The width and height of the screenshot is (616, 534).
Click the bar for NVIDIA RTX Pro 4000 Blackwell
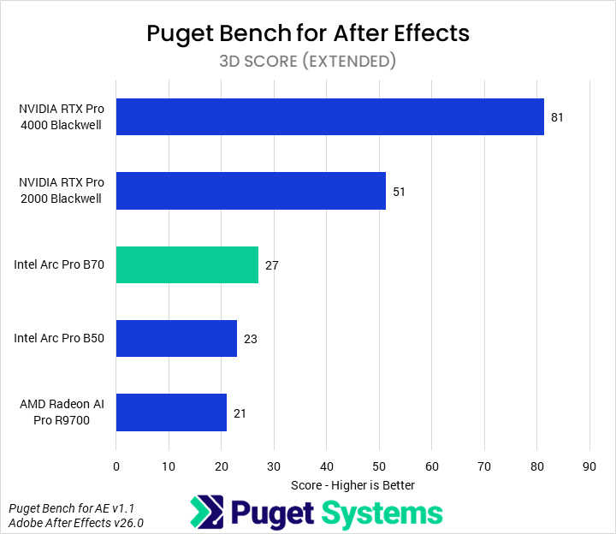pyautogui.click(x=329, y=117)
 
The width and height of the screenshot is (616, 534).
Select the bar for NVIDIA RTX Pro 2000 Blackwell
pyautogui.click(x=251, y=191)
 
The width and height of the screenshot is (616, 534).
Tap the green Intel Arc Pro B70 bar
pyautogui.click(x=187, y=264)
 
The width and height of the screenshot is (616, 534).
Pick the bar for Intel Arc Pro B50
pyautogui.click(x=176, y=338)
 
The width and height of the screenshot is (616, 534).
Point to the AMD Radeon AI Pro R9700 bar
pyautogui.click(x=171, y=412)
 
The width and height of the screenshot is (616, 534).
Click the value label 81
pyautogui.click(x=557, y=117)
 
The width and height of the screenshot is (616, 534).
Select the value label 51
pyautogui.click(x=399, y=191)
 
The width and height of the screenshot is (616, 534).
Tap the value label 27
pyautogui.click(x=272, y=265)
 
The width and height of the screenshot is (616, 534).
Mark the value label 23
pyautogui.click(x=251, y=339)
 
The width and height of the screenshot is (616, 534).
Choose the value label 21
pyautogui.click(x=240, y=412)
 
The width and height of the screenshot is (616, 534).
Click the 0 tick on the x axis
pyautogui.click(x=116, y=466)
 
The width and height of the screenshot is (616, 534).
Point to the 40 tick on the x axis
pyautogui.click(x=326, y=466)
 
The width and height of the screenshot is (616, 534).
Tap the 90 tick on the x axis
pyautogui.click(x=589, y=466)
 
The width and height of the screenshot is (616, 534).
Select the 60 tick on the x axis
pyautogui.click(x=431, y=466)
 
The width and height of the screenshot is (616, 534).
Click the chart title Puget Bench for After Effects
pyautogui.click(x=308, y=33)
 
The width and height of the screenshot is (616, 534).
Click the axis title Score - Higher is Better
pyautogui.click(x=352, y=485)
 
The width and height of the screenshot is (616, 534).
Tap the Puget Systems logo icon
pyautogui.click(x=207, y=512)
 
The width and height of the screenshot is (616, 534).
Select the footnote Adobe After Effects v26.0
pyautogui.click(x=76, y=522)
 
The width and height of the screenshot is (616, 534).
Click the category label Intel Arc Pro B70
pyautogui.click(x=59, y=265)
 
